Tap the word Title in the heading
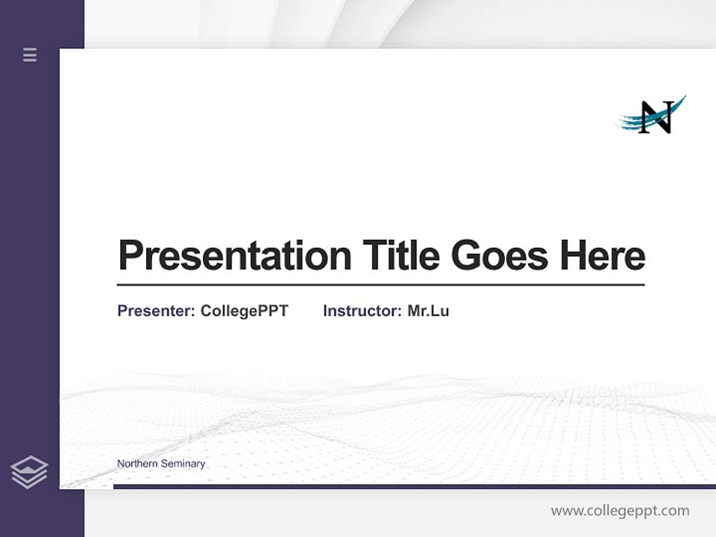pos(401,256)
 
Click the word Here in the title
pos(602,256)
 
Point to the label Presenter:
pos(156,311)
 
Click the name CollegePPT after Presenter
pos(244,311)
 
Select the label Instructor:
pos(362,311)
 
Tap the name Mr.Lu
pos(428,311)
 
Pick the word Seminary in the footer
pos(183,464)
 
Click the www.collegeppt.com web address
pos(620,511)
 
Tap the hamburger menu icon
pos(30,54)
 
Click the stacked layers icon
pos(29,472)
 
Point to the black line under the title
pos(380,285)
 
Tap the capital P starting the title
pos(131,256)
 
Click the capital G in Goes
pos(467,256)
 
